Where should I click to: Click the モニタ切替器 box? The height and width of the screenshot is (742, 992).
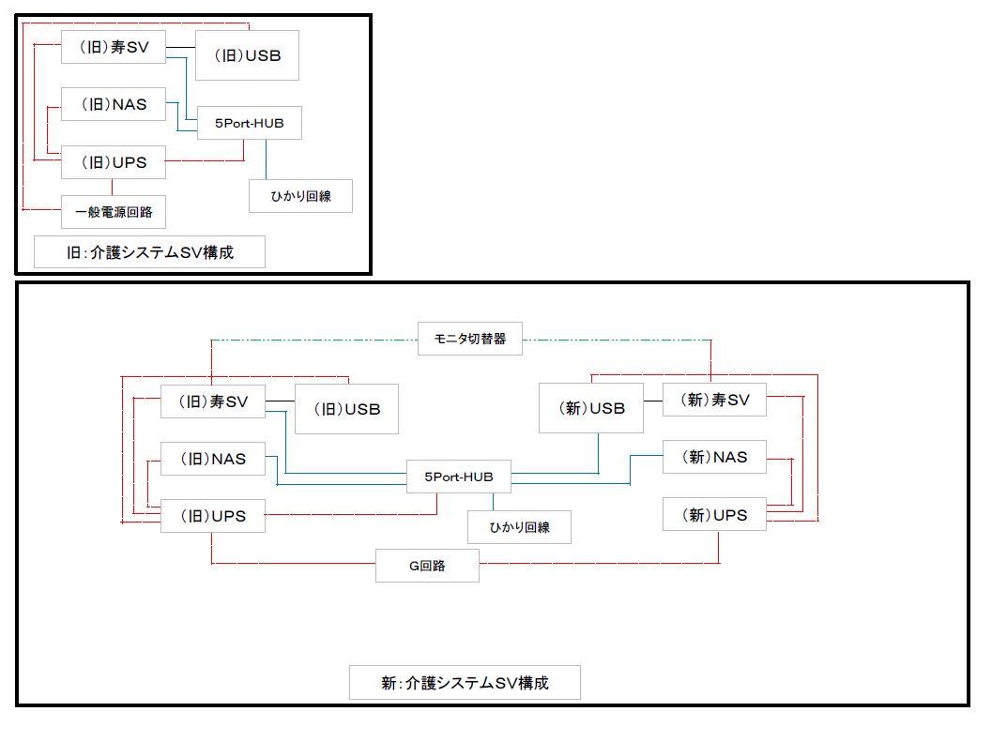coord(469,339)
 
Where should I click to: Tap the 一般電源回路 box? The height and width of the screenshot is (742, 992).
coord(114,212)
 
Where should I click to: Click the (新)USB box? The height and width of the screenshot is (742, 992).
coord(591,408)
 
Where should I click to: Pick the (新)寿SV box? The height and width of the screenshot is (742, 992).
coord(713,401)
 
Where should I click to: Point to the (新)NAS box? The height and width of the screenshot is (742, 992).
coord(713,457)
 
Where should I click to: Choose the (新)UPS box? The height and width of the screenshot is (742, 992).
coord(713,515)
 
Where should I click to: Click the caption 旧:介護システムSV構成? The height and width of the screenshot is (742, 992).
coord(149,252)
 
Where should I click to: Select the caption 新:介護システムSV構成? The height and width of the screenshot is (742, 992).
coord(465,682)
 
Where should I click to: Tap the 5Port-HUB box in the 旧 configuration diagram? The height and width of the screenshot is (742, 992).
coord(249,123)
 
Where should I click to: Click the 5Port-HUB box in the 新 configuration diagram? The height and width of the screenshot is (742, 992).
coord(458,477)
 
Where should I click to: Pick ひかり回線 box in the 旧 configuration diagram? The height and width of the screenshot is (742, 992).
coord(300,196)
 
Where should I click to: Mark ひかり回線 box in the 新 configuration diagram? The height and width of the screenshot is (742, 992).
coord(519,527)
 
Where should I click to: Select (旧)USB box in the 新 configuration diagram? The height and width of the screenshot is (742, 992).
coord(345,409)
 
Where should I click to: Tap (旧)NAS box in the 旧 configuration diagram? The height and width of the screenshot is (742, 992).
coord(114,104)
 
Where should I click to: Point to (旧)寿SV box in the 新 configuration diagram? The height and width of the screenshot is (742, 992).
coord(212,401)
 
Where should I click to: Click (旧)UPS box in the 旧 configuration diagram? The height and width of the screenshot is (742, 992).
coord(114,162)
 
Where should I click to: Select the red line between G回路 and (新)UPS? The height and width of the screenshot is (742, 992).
coord(601,564)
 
